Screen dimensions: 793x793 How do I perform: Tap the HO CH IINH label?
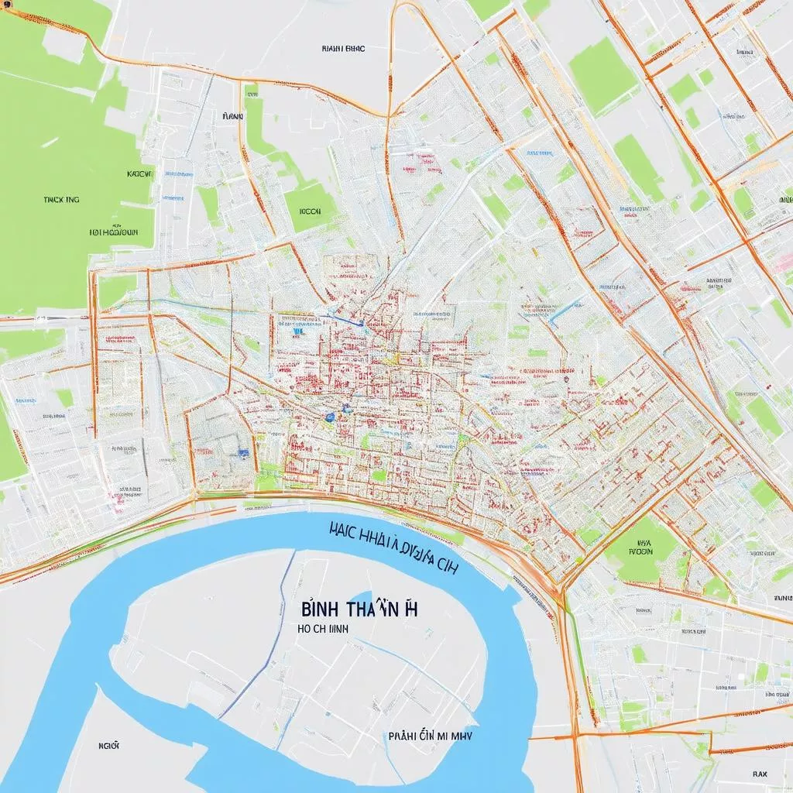click(322, 630)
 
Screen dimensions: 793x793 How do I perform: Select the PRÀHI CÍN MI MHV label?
click(431, 738)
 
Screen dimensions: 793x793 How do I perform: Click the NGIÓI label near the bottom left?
click(108, 745)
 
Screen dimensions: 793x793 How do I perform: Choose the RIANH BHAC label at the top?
click(344, 48)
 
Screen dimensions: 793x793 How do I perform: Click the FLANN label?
click(232, 116)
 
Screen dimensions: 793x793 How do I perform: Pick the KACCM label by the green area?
click(140, 175)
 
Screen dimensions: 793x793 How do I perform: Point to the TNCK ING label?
click(62, 199)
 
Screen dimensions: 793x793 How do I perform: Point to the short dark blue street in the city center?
click(341, 317)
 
